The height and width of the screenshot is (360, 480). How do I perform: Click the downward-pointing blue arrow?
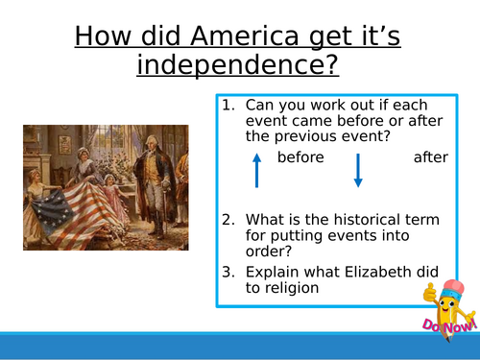tap(357, 169)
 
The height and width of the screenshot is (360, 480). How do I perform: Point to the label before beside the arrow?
tap(300, 157)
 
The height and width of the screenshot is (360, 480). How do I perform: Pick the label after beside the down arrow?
tap(431, 157)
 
